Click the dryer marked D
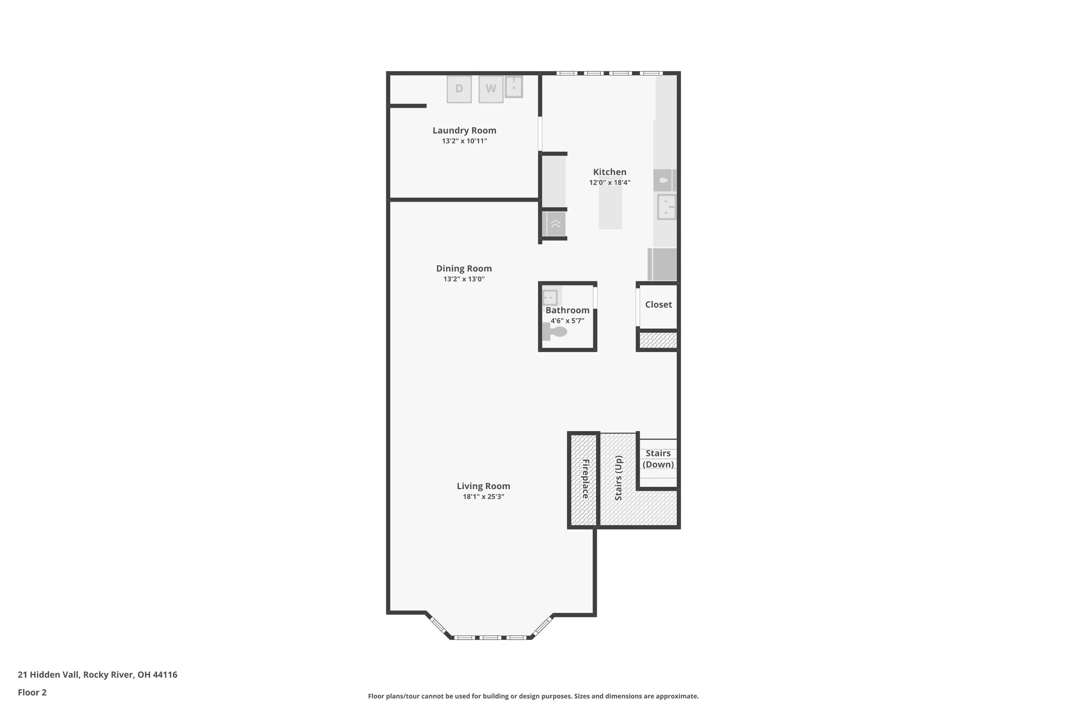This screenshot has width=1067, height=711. pos(459,89)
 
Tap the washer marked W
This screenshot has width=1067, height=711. pos(491,89)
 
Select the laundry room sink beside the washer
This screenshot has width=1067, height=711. pos(514,86)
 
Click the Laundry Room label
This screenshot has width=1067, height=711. pos(464,131)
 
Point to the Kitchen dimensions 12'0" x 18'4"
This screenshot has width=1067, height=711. pos(610,183)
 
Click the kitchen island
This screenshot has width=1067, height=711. pos(610,208)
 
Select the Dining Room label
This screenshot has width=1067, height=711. pos(464,268)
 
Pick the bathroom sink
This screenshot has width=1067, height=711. pos(550,298)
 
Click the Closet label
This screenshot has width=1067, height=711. pos(659,305)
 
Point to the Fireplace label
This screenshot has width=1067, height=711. pos(586,479)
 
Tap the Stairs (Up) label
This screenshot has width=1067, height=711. pos(619,478)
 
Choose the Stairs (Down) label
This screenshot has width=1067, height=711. pos(658,459)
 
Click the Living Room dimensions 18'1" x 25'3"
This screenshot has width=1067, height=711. pos(484,496)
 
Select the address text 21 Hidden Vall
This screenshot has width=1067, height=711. pos(49,674)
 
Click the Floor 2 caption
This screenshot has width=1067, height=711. pos(32,692)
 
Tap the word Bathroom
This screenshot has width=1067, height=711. pos(568,310)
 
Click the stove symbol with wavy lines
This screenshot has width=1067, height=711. pos(556,224)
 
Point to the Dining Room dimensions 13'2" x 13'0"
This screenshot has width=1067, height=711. pos(464,279)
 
